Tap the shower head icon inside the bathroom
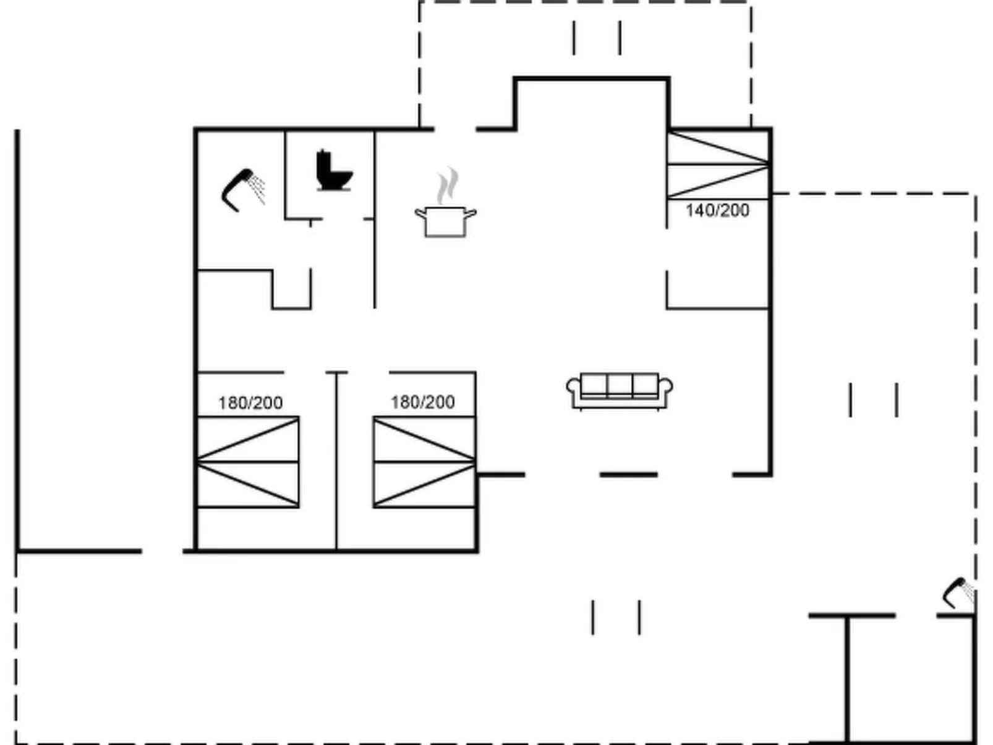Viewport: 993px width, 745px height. [243, 189]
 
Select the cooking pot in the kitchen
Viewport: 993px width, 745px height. [445, 221]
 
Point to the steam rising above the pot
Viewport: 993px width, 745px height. [448, 185]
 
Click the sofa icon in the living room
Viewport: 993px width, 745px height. [620, 391]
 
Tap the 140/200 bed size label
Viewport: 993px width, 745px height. [717, 211]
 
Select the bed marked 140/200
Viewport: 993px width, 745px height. [718, 164]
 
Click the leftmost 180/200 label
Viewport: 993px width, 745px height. [250, 403]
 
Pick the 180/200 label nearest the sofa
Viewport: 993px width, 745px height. [422, 402]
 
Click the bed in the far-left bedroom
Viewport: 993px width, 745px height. [247, 462]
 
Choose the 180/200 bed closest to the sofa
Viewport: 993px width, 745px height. [424, 462]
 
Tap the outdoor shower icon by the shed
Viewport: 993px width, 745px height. [958, 592]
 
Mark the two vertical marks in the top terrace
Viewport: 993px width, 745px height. [597, 38]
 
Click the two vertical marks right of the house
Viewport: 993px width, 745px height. [873, 400]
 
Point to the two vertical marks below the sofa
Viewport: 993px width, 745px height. [616, 617]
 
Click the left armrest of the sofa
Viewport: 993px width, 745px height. [573, 390]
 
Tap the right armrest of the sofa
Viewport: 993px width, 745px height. [667, 390]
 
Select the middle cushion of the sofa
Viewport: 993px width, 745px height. [620, 385]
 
